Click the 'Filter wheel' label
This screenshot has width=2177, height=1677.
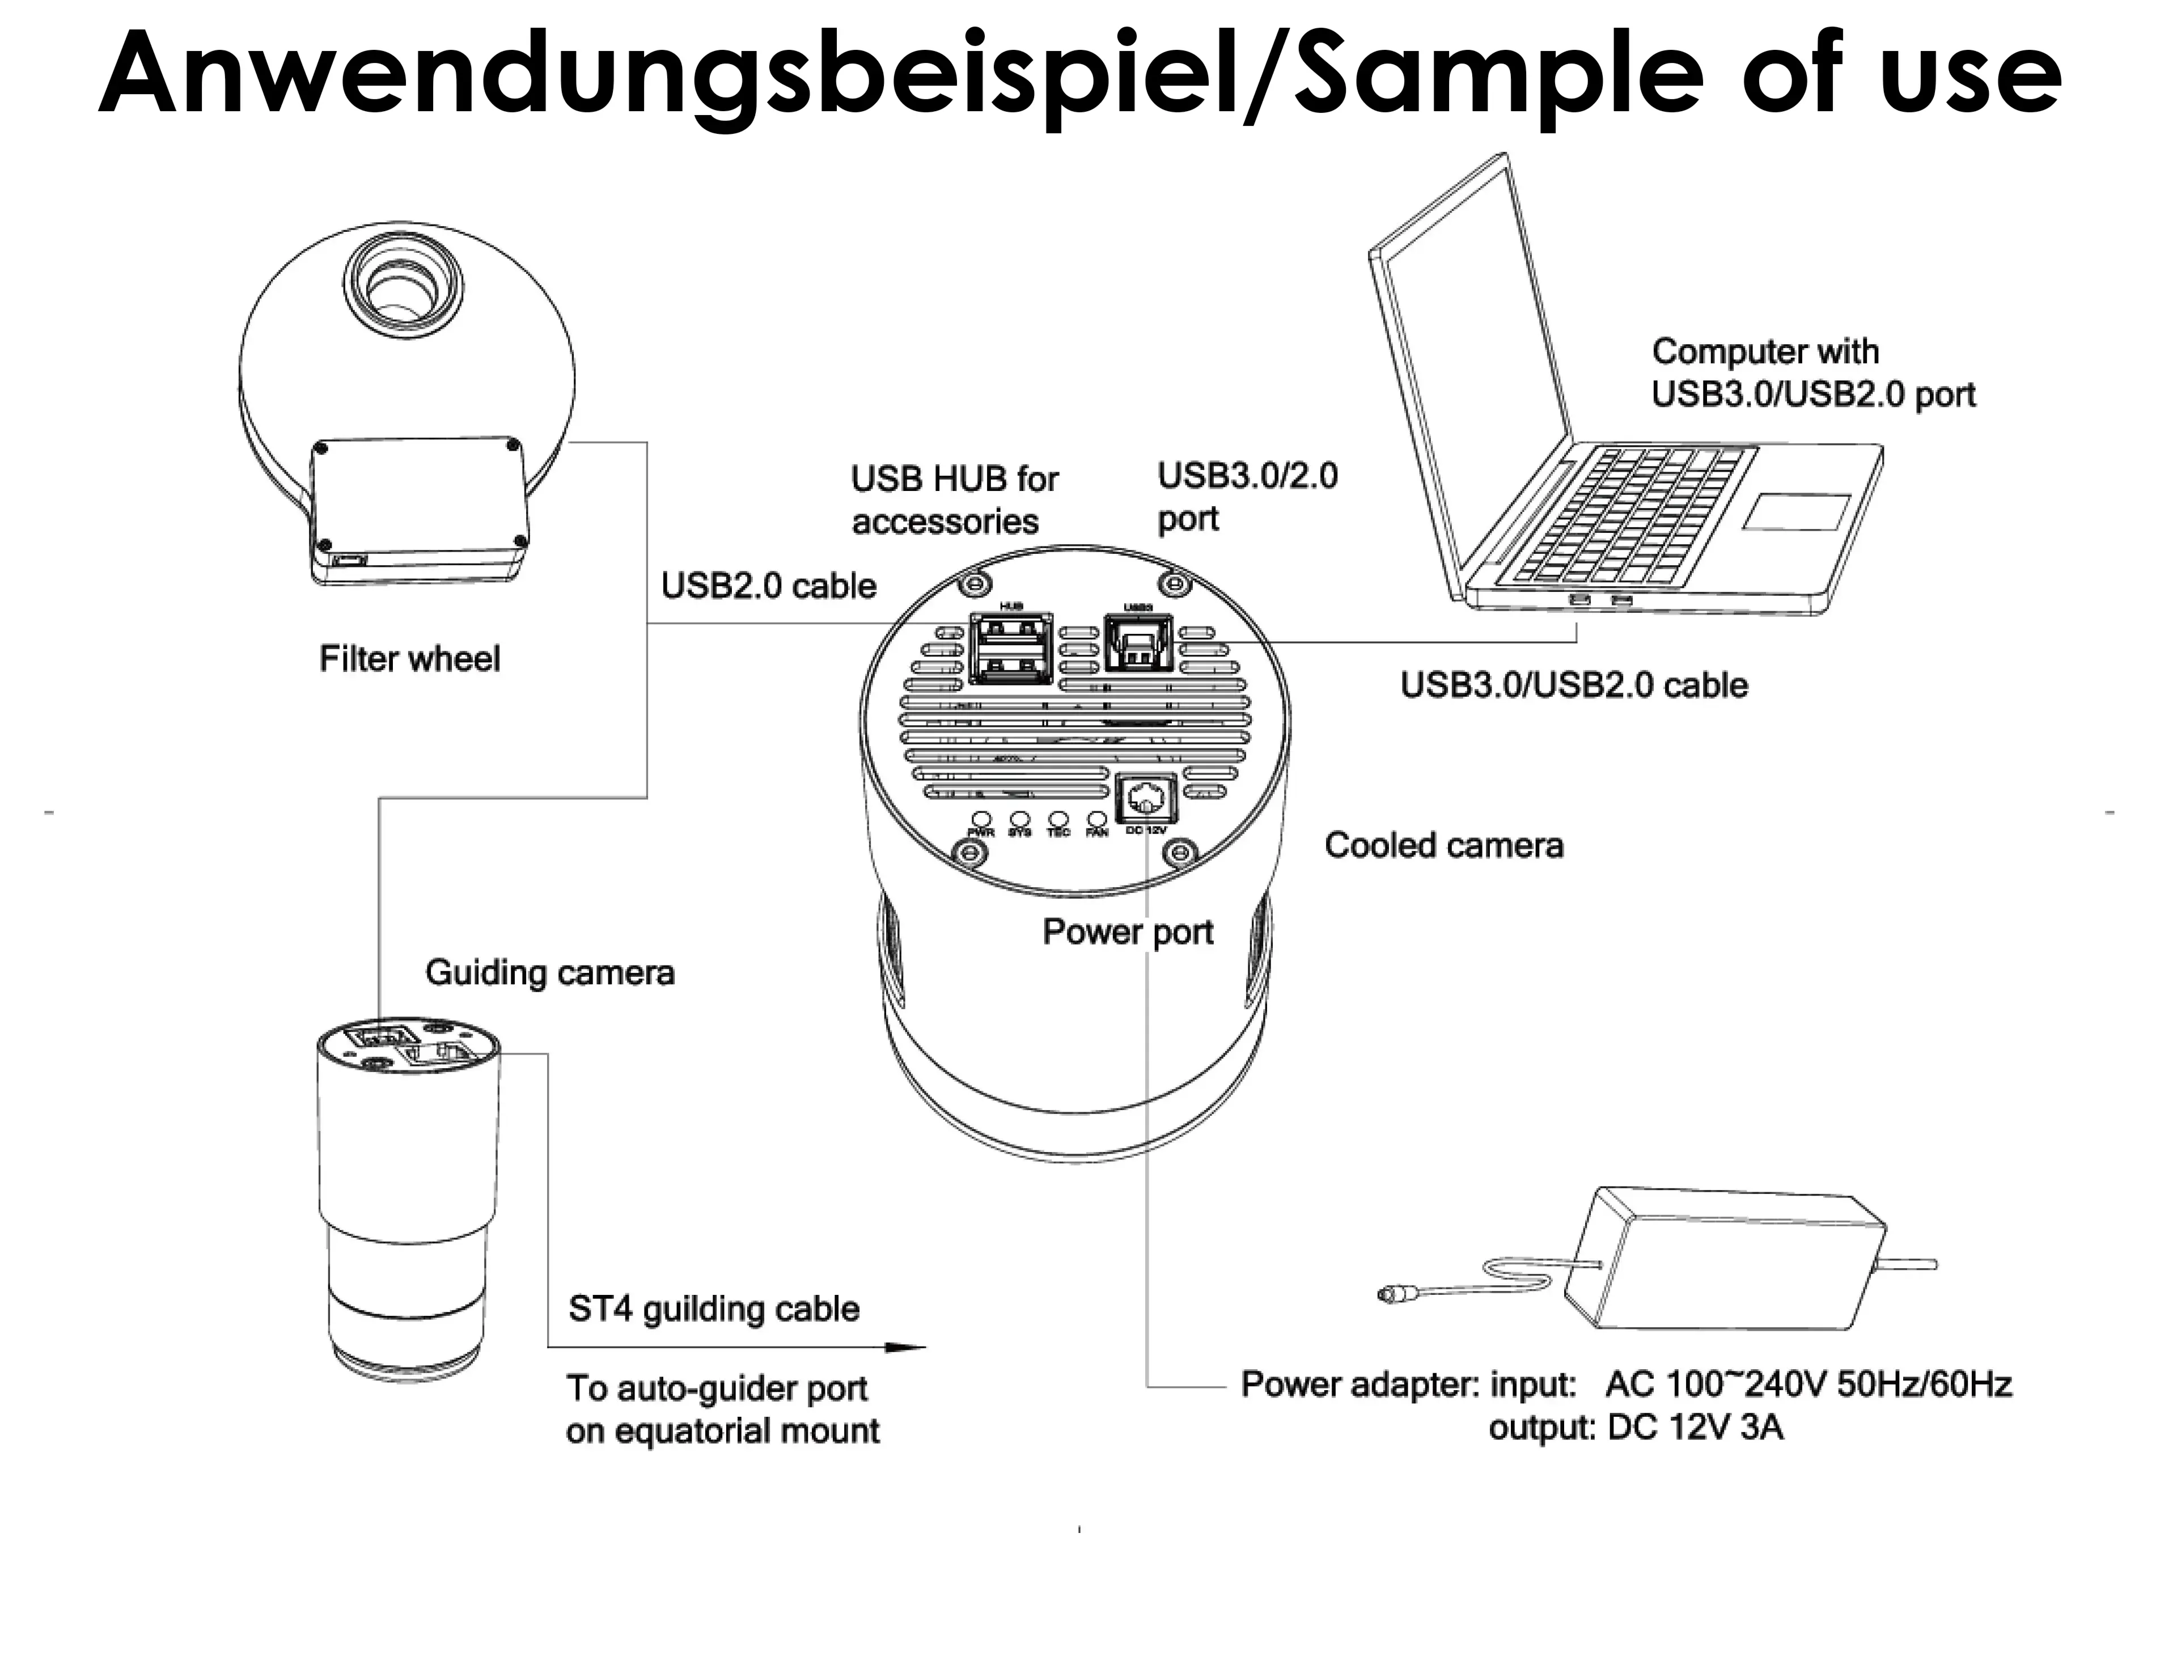[x=409, y=659]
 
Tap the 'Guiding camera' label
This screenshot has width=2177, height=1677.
[x=549, y=972]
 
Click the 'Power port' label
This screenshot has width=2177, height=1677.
[x=1128, y=932]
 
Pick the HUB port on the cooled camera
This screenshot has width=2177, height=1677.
[x=1011, y=649]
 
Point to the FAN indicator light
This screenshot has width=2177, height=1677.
[x=1096, y=820]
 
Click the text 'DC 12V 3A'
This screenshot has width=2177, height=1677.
[x=1695, y=1428]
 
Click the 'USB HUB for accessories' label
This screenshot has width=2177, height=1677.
[x=954, y=501]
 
